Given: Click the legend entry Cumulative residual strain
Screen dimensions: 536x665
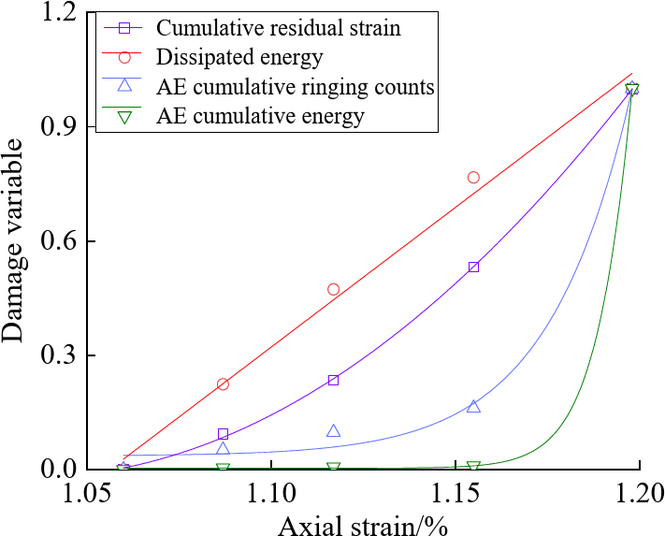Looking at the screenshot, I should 278,28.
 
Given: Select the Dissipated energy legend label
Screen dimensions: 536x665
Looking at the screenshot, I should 239,58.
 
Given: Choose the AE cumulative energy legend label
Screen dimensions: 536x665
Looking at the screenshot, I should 261,117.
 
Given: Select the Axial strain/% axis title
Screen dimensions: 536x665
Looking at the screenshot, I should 363,522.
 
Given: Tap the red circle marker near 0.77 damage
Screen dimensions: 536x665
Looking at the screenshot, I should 473,177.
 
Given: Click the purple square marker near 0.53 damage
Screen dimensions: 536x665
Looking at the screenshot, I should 473,267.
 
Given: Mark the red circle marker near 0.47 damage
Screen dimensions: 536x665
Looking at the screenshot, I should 333,289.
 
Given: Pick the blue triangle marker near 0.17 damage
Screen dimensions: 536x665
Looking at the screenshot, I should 473,406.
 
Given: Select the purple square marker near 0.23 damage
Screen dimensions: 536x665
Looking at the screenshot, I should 333,380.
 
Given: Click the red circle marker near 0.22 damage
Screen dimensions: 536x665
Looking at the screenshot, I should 223,384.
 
